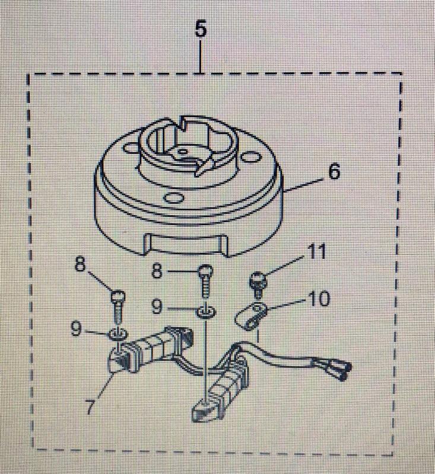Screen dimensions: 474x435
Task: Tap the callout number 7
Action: pos(90,409)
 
